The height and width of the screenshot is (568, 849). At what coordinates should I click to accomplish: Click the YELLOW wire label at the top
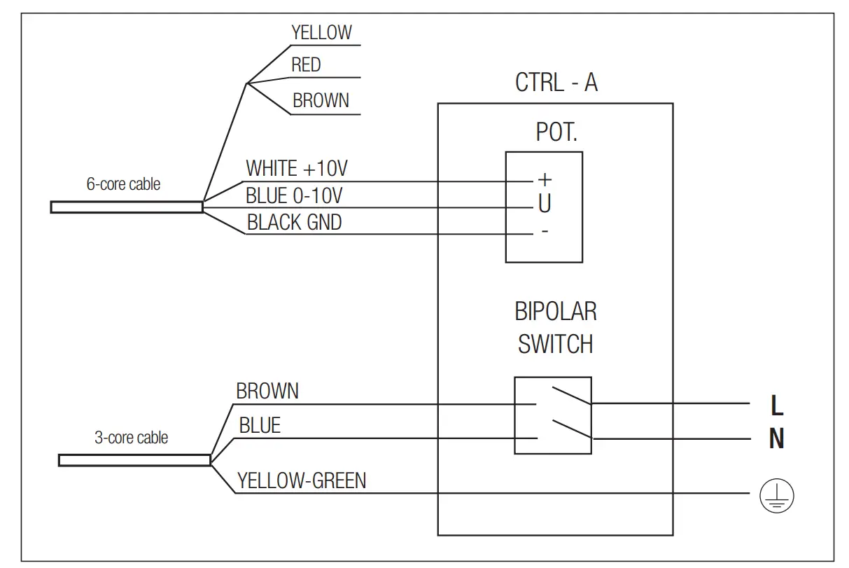[321, 32]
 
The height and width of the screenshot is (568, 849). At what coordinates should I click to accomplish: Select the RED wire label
[306, 65]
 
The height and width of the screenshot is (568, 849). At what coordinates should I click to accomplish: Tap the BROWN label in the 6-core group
[321, 101]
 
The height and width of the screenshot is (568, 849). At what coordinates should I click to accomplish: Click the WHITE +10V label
[297, 169]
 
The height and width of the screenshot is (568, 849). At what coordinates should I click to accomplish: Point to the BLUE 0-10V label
[294, 195]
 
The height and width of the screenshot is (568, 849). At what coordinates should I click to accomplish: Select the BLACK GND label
[294, 223]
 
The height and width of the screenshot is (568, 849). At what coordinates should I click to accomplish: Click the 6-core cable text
[123, 185]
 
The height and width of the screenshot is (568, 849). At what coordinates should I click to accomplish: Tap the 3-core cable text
[132, 438]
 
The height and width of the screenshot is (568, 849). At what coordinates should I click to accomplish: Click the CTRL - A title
[556, 83]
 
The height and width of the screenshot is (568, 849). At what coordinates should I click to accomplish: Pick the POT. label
[556, 133]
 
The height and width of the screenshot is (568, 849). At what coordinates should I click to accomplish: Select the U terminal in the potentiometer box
[544, 205]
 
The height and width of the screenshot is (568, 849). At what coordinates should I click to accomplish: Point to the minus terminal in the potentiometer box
[544, 231]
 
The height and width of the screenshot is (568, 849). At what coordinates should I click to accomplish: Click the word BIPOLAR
[556, 311]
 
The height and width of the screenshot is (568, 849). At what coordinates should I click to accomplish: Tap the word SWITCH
[556, 344]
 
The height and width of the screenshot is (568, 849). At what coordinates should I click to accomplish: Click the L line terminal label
[776, 405]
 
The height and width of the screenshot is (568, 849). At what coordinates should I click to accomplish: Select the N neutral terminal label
[776, 439]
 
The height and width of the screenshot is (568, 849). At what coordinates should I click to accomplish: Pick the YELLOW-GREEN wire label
[301, 480]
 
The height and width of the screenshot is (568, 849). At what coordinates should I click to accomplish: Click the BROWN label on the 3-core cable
[267, 391]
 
